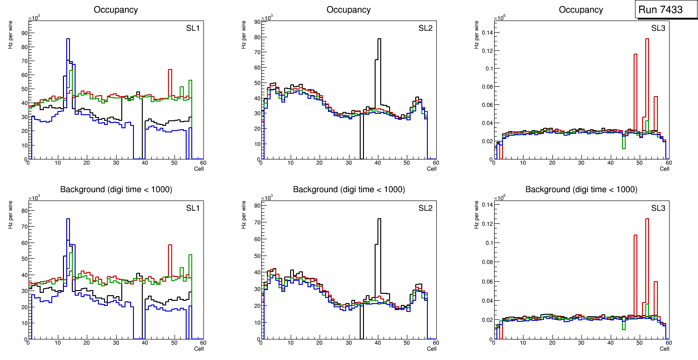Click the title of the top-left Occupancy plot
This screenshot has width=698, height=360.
[116, 9]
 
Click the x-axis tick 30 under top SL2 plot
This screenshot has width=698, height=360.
[348, 163]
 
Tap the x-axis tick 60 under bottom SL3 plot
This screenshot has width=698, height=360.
[668, 343]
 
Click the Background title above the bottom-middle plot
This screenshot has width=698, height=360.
[349, 189]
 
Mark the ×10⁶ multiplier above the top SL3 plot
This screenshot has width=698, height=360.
[499, 18]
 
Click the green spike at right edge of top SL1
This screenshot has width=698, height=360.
[190, 82]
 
